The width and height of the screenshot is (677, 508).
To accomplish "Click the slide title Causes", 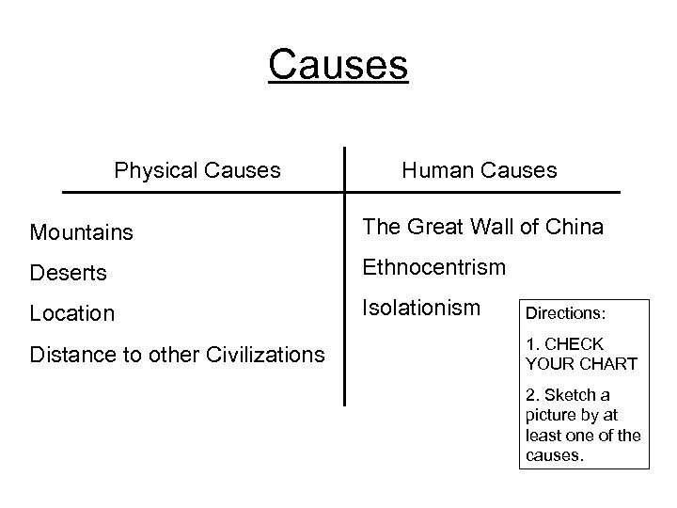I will coord(338,66).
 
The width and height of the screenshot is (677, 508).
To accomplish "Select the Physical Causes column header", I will coord(197,170).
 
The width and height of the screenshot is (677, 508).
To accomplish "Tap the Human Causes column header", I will coord(479,170).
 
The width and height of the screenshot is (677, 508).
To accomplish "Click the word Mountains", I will coord(81,231).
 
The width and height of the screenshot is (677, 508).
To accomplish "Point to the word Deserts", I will coord(67,272).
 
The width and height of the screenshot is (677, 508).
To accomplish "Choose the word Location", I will coord(72,313).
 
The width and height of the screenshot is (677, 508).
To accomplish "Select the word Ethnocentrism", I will coord(433,266).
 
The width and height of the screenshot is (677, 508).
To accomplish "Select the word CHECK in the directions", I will coord(574,345).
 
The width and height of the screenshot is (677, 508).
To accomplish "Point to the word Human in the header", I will coord(437,170).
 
